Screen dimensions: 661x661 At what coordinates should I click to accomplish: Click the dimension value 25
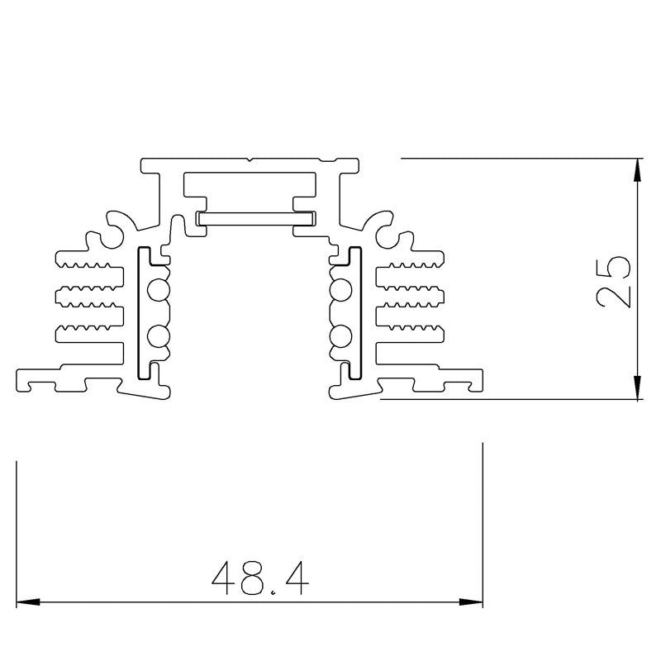click(613, 281)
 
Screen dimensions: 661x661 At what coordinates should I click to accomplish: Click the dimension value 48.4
click(260, 579)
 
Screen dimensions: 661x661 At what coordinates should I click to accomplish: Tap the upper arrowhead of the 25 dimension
click(637, 170)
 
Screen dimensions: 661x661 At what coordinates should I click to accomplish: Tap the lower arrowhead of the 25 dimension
click(637, 388)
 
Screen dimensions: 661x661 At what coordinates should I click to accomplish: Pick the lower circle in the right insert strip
click(340, 336)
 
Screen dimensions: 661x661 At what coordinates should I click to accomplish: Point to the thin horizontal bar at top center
click(256, 218)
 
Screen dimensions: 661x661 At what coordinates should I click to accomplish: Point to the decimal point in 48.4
click(273, 592)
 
